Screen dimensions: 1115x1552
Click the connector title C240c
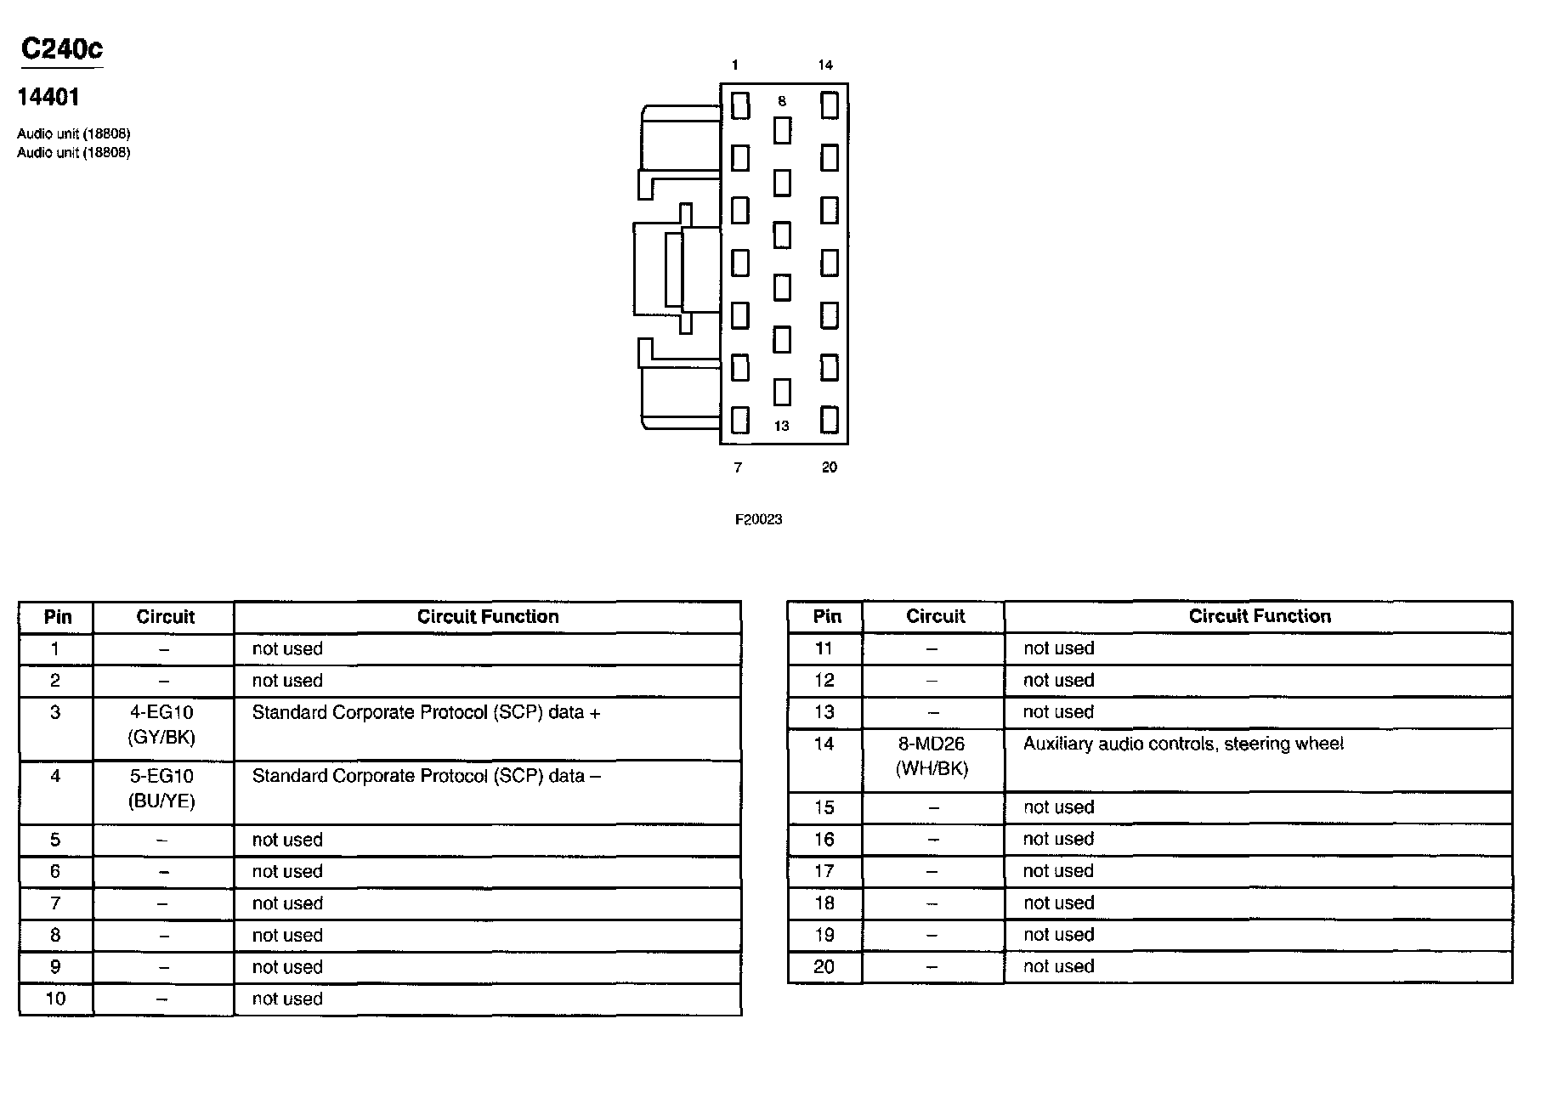click(x=61, y=49)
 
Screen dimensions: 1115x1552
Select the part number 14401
click(x=48, y=98)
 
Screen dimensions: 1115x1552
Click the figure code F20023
click(x=758, y=519)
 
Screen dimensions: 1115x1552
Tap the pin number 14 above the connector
click(x=825, y=65)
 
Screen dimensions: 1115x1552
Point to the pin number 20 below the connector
click(x=830, y=467)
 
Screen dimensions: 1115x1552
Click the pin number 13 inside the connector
click(x=781, y=426)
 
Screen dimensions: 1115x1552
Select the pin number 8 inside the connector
click(x=782, y=101)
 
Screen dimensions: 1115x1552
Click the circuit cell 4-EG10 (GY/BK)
click(x=161, y=725)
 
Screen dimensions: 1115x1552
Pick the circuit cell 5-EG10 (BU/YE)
click(x=161, y=789)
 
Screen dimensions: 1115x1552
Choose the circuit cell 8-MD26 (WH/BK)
click(x=932, y=756)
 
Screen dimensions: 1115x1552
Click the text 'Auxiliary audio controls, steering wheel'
click(x=1183, y=744)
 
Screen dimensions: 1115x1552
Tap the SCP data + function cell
click(x=426, y=713)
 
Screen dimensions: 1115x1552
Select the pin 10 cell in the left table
click(x=55, y=999)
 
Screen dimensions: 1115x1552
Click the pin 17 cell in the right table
click(x=824, y=871)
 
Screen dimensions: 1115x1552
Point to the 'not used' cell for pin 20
click(x=1058, y=966)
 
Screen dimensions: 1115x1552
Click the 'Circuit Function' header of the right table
click(x=1259, y=616)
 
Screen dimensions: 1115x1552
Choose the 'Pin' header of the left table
click(x=58, y=617)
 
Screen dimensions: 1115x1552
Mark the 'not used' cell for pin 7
click(x=287, y=903)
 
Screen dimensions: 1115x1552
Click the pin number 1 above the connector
click(x=735, y=65)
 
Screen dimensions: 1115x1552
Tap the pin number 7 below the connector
click(x=738, y=467)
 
